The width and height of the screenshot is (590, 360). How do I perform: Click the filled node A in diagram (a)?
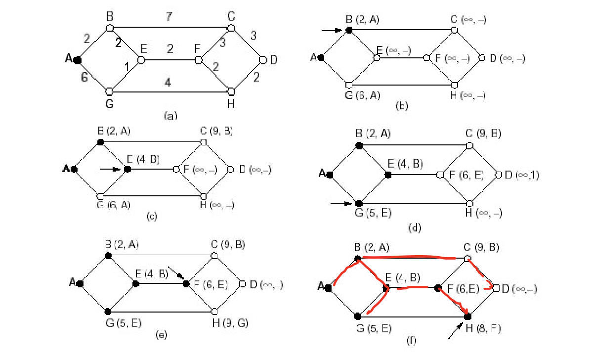click(x=78, y=60)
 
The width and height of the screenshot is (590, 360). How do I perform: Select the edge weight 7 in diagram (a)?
click(x=169, y=17)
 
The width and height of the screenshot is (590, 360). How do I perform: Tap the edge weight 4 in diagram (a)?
click(x=168, y=82)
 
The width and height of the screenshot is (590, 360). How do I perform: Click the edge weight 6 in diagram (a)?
click(x=84, y=77)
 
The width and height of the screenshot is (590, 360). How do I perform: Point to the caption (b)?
click(x=402, y=106)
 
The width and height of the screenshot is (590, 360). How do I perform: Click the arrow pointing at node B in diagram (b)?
click(x=332, y=30)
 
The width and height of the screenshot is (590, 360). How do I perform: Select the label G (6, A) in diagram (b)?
click(x=363, y=95)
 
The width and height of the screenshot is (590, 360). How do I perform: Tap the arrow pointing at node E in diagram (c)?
click(x=110, y=170)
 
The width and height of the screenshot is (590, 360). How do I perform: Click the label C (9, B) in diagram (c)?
click(x=216, y=131)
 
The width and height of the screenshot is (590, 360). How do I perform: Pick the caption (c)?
click(x=152, y=216)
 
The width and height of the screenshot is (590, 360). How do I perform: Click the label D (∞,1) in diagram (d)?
click(x=522, y=175)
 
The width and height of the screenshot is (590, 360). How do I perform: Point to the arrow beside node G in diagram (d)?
click(x=341, y=203)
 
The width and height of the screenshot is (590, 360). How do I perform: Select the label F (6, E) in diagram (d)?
click(x=466, y=175)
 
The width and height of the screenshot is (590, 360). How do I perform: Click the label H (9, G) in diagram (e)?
click(x=230, y=323)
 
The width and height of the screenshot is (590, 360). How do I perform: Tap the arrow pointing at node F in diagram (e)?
click(x=176, y=272)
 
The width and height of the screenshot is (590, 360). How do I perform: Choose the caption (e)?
click(x=162, y=335)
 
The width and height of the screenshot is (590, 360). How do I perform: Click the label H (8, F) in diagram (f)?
click(x=483, y=328)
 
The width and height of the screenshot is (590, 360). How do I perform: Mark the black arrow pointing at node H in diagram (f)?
click(x=456, y=330)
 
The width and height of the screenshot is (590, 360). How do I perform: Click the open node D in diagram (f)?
click(x=496, y=288)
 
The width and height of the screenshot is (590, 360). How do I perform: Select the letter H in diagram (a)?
click(x=231, y=103)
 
